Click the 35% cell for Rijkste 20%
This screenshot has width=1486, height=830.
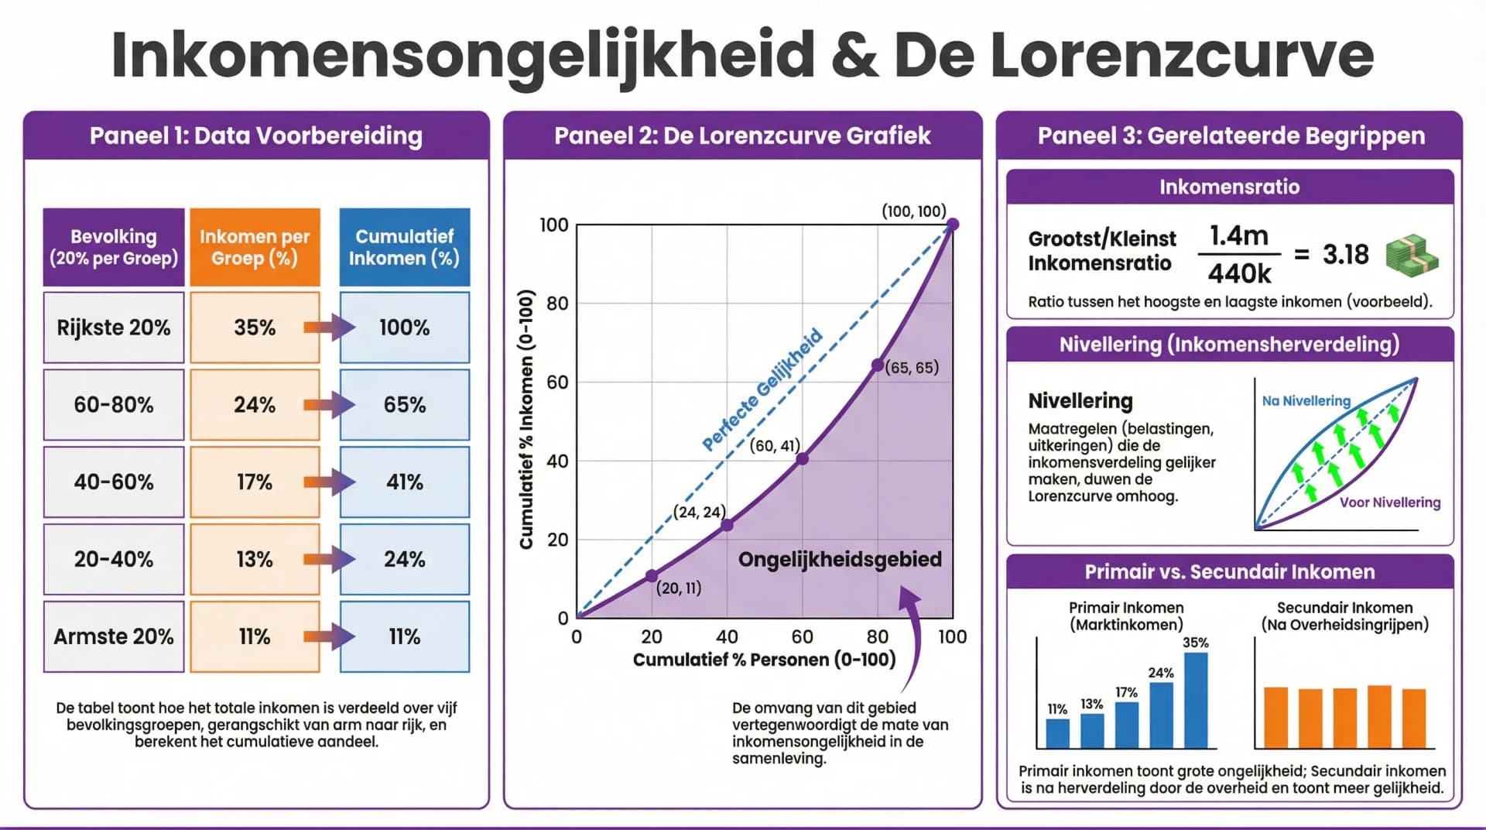255,328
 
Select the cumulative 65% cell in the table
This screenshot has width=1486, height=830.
404,405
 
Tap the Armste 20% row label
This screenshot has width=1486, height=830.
114,636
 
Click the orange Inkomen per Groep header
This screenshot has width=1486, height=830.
255,247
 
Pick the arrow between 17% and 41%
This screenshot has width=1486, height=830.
329,482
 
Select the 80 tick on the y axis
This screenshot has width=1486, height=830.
557,304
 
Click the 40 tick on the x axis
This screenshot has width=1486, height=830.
726,636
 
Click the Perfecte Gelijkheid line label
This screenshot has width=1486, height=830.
762,390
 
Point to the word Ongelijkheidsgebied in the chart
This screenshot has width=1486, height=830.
840,559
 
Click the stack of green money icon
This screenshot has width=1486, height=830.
1411,256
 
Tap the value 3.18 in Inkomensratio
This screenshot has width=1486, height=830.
1345,254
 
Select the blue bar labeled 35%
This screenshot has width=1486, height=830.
1195,700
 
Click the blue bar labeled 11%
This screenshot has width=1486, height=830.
1057,732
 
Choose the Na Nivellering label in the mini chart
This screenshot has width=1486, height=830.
1306,401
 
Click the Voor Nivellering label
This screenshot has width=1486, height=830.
1390,502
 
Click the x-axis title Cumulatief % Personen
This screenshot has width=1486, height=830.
764,660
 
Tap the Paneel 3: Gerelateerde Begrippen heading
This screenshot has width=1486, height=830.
1231,135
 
